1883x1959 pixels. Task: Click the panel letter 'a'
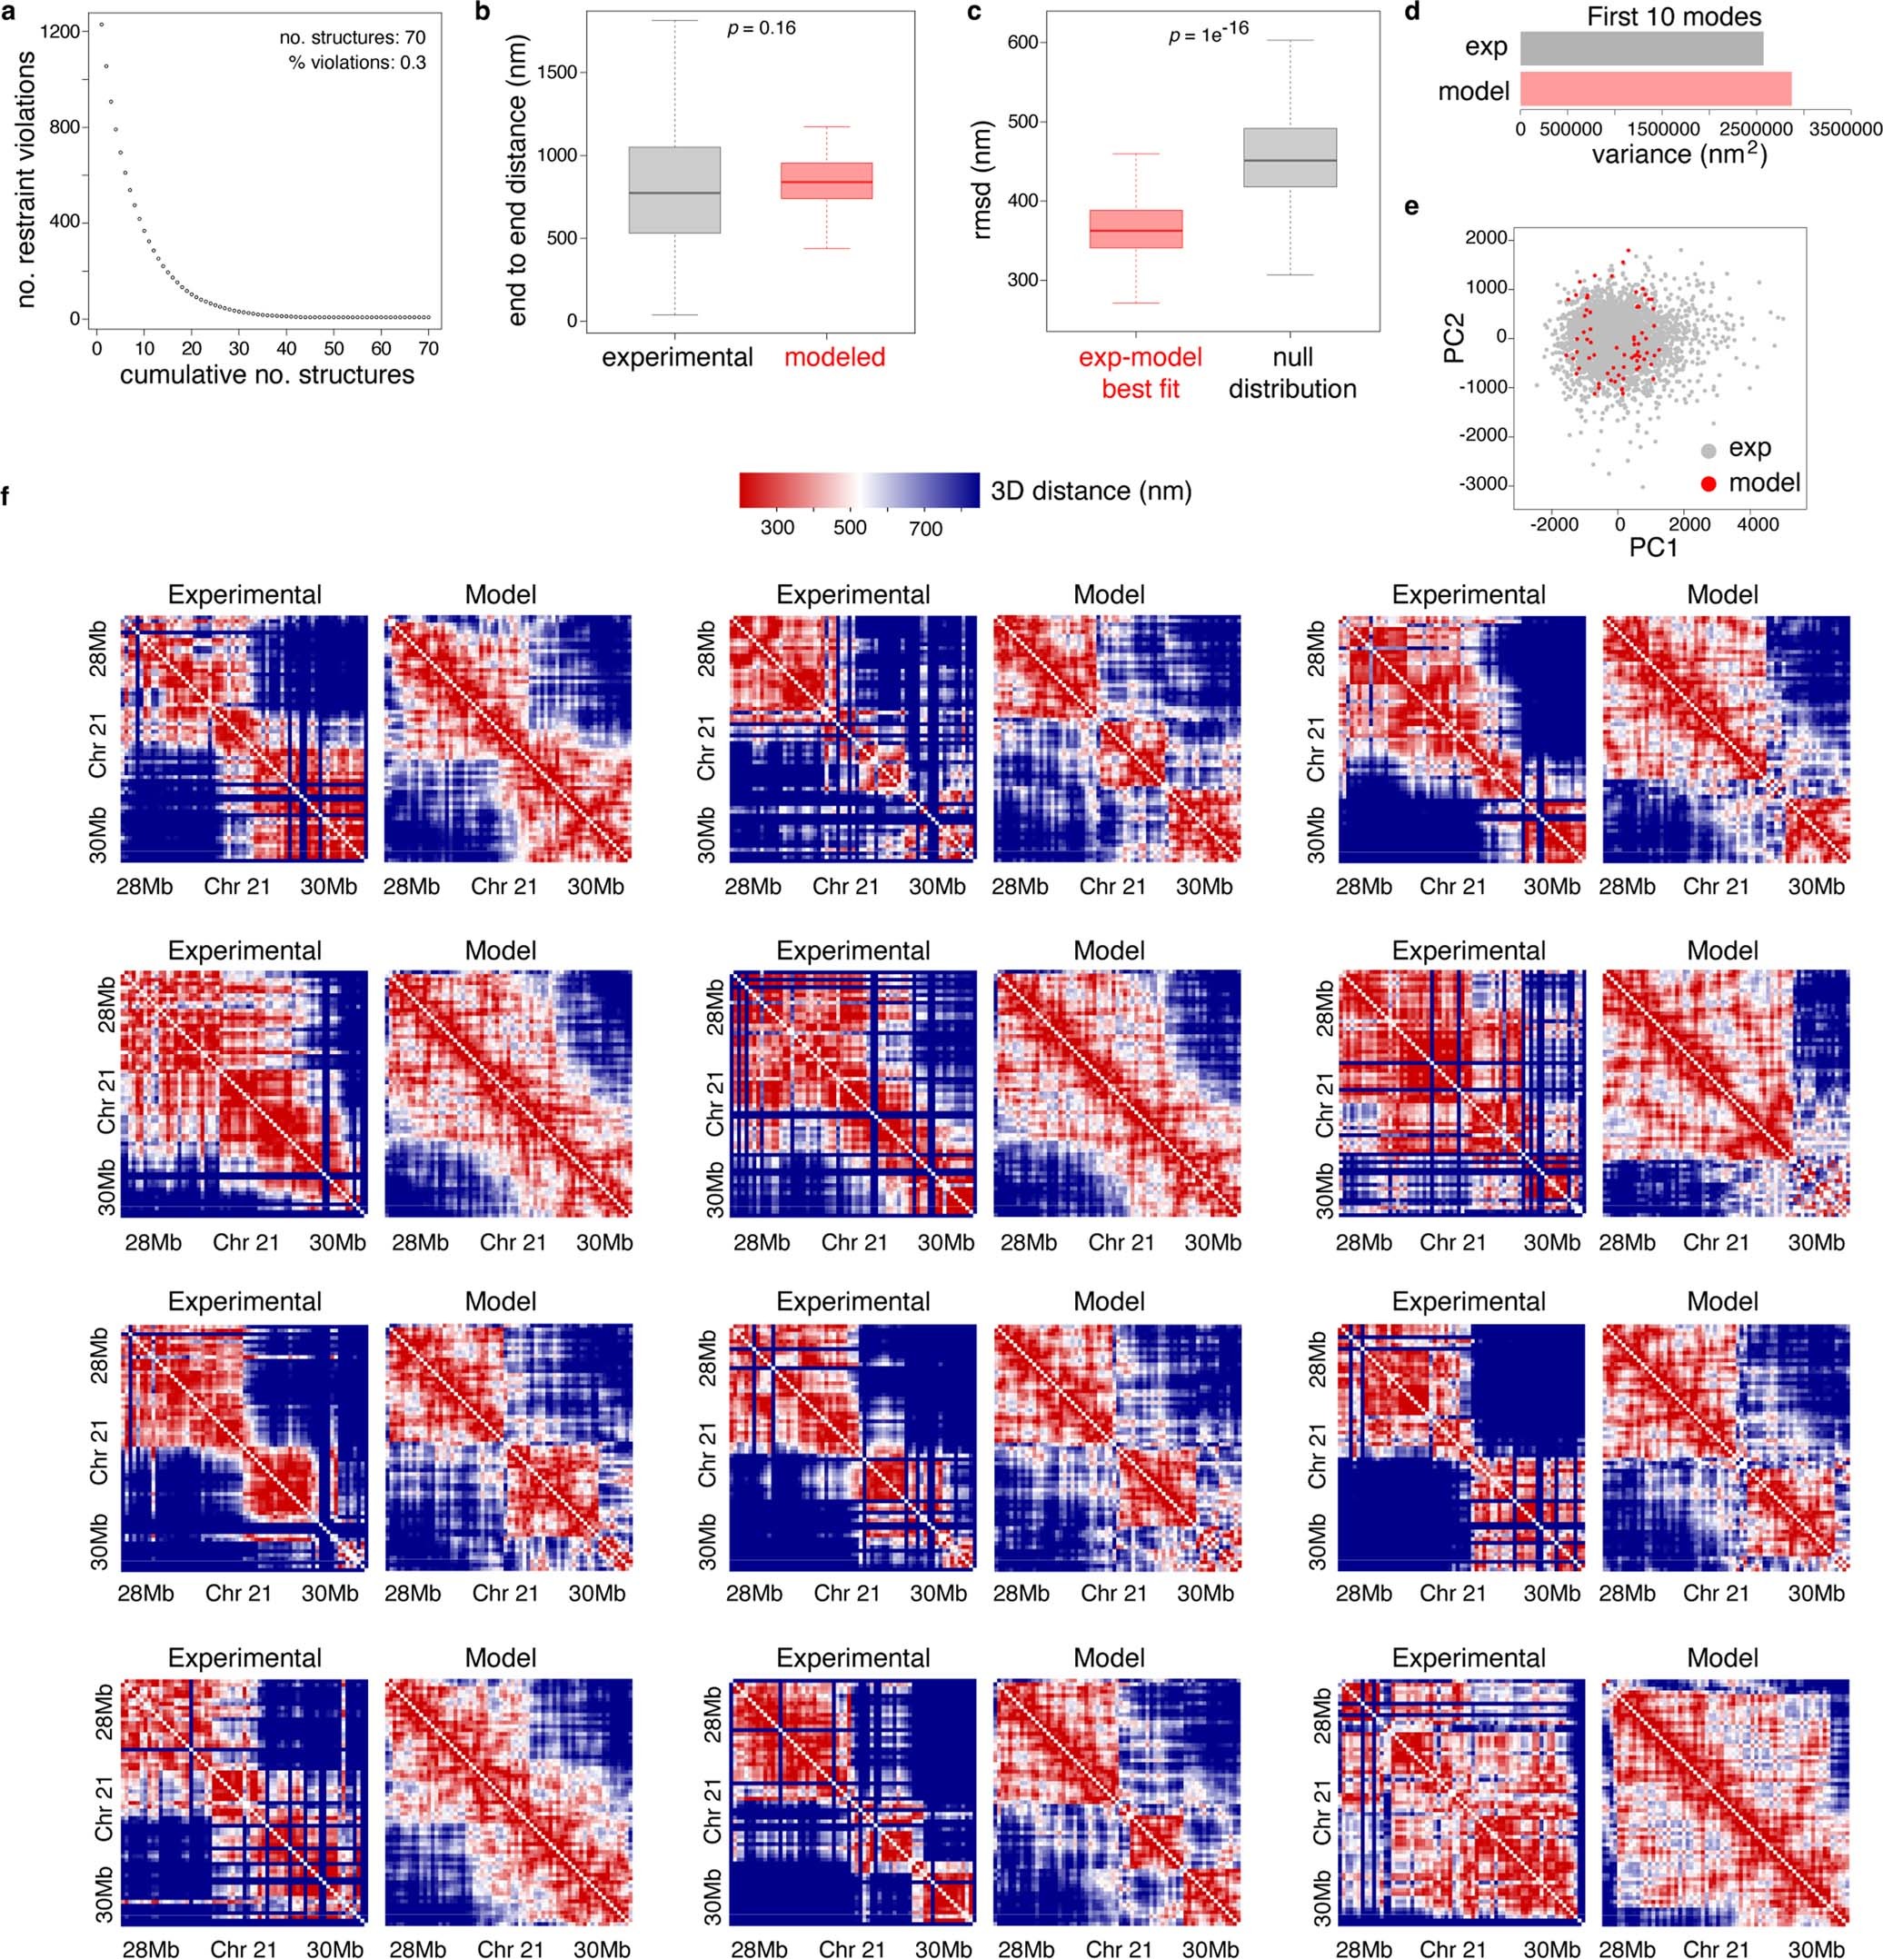(x=8, y=12)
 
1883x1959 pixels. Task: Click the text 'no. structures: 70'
(x=352, y=38)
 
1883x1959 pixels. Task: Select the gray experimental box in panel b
(x=678, y=190)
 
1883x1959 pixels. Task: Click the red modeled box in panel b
(x=827, y=181)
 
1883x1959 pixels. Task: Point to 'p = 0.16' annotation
(x=761, y=28)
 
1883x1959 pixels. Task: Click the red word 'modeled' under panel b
(x=833, y=357)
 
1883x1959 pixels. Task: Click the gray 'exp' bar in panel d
(x=1640, y=48)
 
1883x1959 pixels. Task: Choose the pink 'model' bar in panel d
(x=1655, y=90)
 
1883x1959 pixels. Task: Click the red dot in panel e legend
(x=1709, y=483)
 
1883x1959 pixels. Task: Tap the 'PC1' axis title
(x=1652, y=548)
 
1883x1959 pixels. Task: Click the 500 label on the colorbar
(x=850, y=528)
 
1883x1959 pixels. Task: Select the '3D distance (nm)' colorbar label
(x=1091, y=491)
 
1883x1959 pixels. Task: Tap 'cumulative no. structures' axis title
(x=266, y=374)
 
